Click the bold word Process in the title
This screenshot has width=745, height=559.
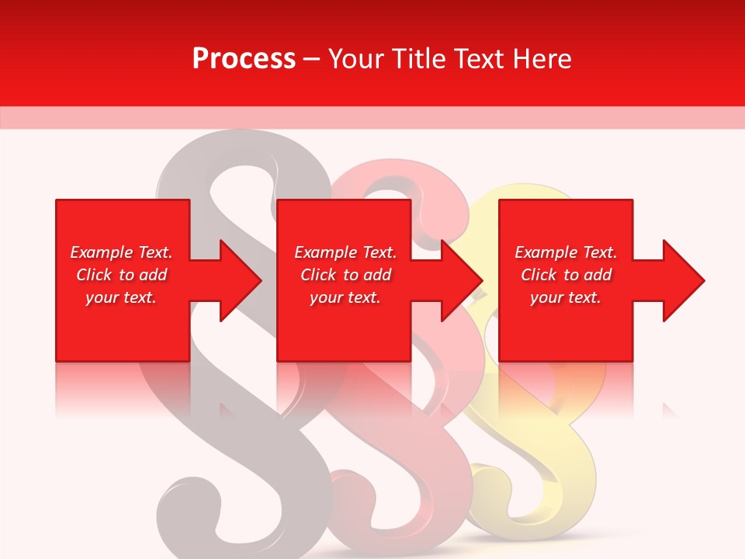tap(244, 59)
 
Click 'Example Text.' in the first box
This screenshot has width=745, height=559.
tap(121, 252)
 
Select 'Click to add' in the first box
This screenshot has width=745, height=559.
tap(121, 275)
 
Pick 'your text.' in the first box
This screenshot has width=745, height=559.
tap(121, 297)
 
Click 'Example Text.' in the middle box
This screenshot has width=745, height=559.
tap(345, 252)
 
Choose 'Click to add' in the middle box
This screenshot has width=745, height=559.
tap(345, 275)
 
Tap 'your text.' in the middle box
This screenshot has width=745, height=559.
tap(345, 297)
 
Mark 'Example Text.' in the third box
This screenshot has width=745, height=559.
tap(566, 252)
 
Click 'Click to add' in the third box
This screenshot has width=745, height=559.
tap(566, 275)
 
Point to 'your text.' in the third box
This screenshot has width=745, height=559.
tap(566, 297)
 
